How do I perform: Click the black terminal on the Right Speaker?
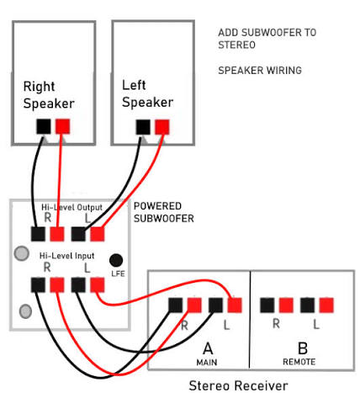(44, 126)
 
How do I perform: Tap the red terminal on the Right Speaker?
(62, 126)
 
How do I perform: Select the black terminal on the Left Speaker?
(143, 127)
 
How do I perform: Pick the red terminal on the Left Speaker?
(162, 127)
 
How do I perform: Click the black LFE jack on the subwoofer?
(116, 260)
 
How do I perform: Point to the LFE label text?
(118, 274)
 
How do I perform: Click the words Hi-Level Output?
(71, 207)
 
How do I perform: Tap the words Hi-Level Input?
(66, 256)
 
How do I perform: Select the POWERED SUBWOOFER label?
(164, 212)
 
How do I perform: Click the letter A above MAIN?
(208, 348)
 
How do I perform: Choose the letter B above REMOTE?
(303, 348)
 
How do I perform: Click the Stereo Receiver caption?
(238, 385)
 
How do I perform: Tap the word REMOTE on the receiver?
(299, 362)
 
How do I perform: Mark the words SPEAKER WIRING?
(260, 70)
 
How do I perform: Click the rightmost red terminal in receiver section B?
(326, 305)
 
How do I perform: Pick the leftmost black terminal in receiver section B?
(267, 305)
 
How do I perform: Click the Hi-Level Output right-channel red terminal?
(57, 234)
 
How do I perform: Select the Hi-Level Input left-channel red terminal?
(98, 284)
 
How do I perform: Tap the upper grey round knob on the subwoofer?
(22, 253)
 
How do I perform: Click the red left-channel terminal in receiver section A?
(235, 305)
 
